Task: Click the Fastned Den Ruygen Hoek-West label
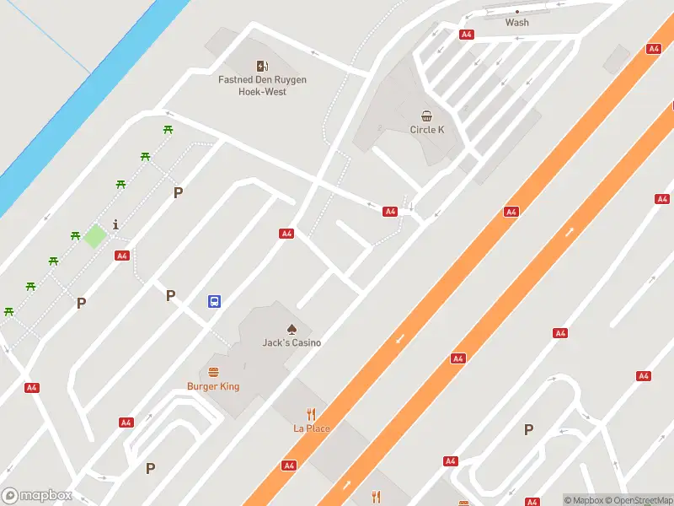click(x=263, y=85)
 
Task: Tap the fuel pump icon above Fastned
click(x=263, y=66)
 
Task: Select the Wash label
click(x=517, y=23)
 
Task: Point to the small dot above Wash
click(x=517, y=11)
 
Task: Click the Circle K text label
click(x=427, y=130)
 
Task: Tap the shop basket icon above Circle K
click(x=427, y=116)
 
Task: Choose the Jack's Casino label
click(x=292, y=342)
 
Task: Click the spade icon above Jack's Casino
click(x=292, y=329)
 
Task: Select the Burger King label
click(x=213, y=386)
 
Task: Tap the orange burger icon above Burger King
click(x=213, y=372)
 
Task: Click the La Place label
click(x=312, y=428)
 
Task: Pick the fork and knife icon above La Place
click(x=312, y=414)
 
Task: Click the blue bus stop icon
click(x=215, y=301)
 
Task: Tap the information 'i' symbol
click(x=115, y=224)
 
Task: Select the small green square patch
click(x=94, y=236)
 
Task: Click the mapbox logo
click(x=37, y=496)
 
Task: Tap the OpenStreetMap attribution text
click(x=637, y=500)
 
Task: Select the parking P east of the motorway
click(x=528, y=429)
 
